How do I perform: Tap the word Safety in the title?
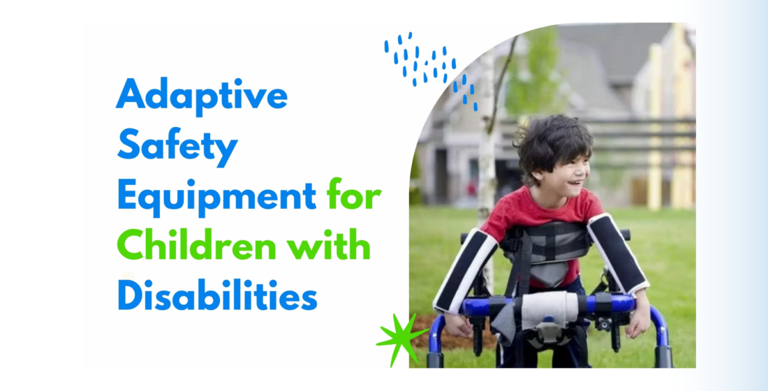click(177, 145)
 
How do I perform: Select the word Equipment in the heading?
click(216, 196)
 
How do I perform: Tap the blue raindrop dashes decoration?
click(431, 68)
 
